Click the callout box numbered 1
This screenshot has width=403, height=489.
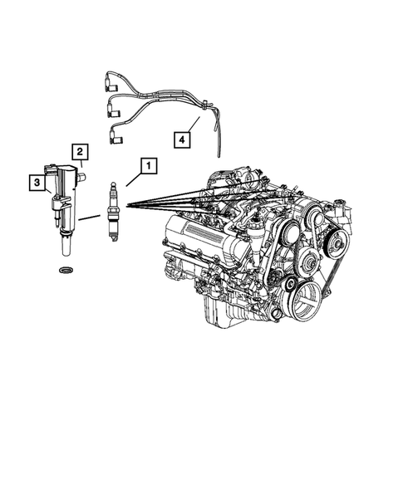[148, 166]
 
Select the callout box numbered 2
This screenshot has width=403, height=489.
[80, 151]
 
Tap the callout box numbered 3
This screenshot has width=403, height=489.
[37, 180]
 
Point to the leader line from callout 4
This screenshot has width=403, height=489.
[194, 126]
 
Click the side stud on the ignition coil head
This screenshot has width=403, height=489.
[83, 176]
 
